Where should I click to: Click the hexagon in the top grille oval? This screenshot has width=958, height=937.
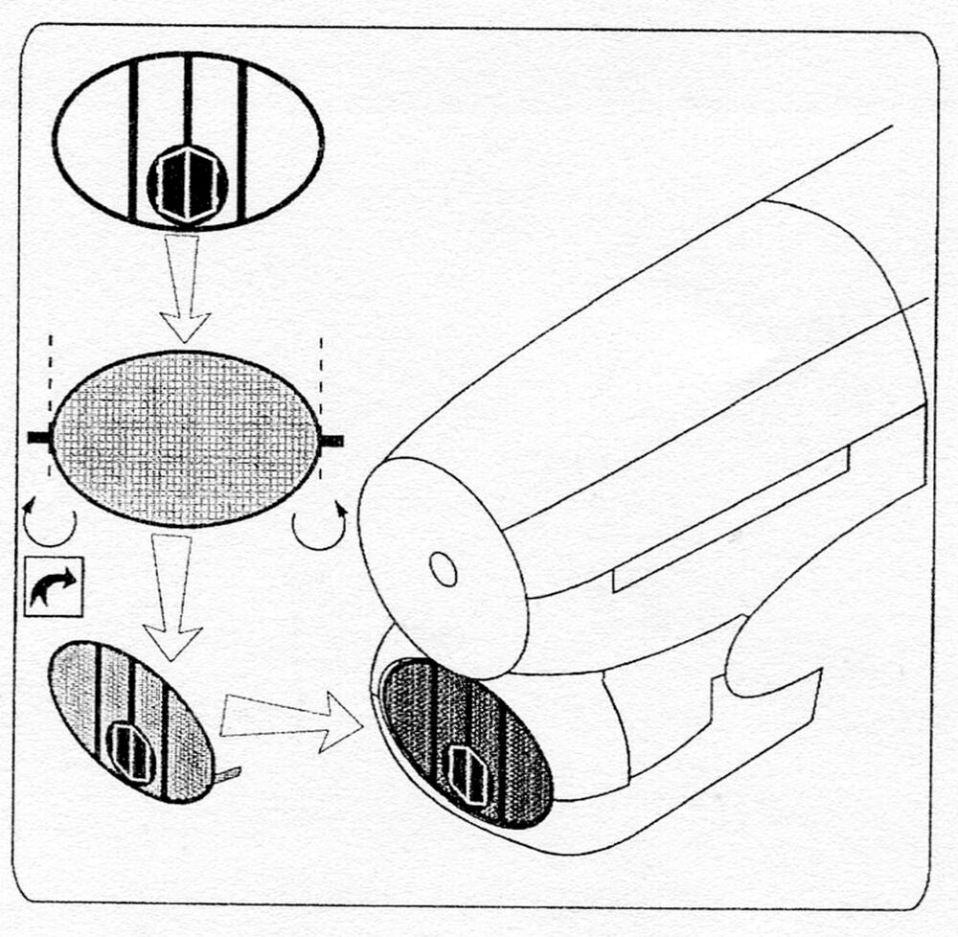pos(188,183)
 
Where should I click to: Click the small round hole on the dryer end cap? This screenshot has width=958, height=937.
pos(443,568)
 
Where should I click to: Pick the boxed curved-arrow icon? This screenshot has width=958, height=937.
pos(54,584)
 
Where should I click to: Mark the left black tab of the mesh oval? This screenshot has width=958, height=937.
pos(39,438)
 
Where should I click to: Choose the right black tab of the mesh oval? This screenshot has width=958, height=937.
pos(331,440)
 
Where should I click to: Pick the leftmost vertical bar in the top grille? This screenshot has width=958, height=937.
pos(133,139)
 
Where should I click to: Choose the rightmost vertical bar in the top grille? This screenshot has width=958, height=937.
pos(243,139)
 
